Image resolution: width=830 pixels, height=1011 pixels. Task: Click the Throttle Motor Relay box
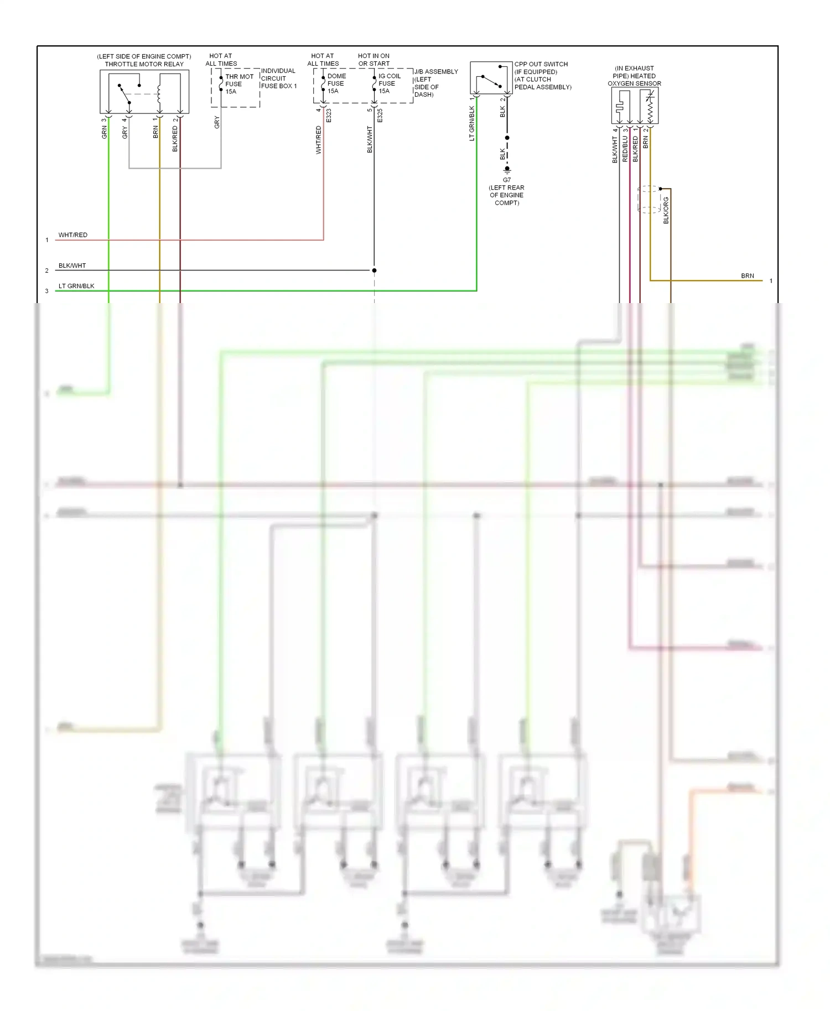pyautogui.click(x=144, y=92)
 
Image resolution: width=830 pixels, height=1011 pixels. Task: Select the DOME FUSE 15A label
pyautogui.click(x=336, y=84)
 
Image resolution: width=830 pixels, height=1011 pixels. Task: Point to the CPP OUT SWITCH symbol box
pyautogui.click(x=491, y=78)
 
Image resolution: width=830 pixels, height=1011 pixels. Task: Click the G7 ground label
pyautogui.click(x=507, y=180)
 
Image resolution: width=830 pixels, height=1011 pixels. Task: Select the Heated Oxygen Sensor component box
pyautogui.click(x=635, y=106)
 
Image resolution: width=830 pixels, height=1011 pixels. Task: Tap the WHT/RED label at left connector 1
pyautogui.click(x=73, y=235)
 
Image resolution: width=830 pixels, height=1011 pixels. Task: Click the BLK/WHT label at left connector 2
pyautogui.click(x=72, y=265)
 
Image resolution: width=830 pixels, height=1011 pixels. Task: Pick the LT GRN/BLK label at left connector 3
pyautogui.click(x=76, y=286)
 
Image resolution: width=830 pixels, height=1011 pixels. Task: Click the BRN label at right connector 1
pyautogui.click(x=747, y=275)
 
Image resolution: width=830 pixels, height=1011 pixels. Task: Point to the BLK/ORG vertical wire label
pyautogui.click(x=666, y=210)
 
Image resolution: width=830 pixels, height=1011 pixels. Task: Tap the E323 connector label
pyautogui.click(x=329, y=116)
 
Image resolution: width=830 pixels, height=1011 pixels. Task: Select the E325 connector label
pyautogui.click(x=380, y=116)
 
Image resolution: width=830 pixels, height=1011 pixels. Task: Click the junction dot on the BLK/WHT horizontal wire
pyautogui.click(x=374, y=270)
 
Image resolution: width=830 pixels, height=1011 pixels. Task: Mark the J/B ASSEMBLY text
pyautogui.click(x=436, y=72)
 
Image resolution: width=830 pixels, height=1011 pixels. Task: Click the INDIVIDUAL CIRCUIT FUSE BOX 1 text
pyautogui.click(x=278, y=79)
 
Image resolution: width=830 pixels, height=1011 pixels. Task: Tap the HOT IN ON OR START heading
pyautogui.click(x=373, y=60)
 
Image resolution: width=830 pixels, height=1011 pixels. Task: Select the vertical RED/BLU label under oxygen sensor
pyautogui.click(x=625, y=148)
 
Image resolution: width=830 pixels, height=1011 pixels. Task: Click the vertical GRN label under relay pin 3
pyautogui.click(x=104, y=132)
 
